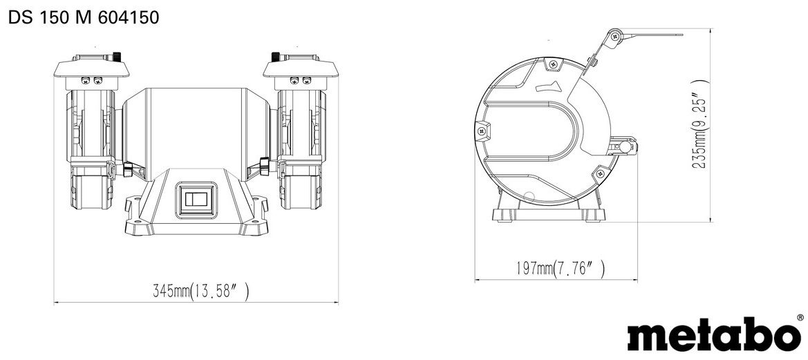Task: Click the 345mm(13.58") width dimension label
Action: [200, 292]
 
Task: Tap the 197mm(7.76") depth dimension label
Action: [560, 268]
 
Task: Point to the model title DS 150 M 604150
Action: [84, 17]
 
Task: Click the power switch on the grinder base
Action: [196, 199]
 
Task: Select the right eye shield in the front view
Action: [301, 68]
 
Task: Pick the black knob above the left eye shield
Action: [117, 55]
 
